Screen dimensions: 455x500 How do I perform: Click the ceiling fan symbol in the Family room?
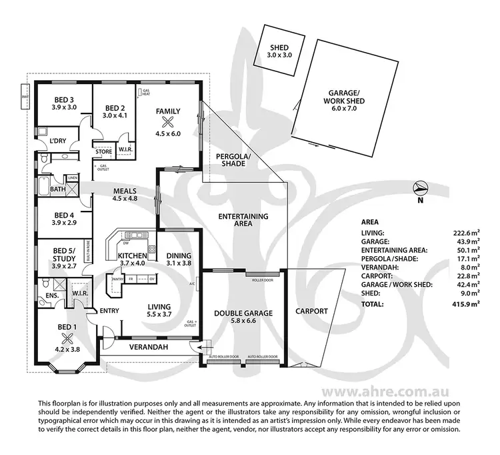pos(168,121)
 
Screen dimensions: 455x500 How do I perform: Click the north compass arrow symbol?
pos(419,189)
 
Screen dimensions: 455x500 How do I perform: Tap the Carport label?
pos(311,311)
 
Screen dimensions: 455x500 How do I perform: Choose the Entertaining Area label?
pos(243,220)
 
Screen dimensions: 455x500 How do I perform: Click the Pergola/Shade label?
pos(231,161)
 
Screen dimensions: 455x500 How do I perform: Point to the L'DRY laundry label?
pos(61,141)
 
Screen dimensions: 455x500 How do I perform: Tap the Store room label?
pos(102,151)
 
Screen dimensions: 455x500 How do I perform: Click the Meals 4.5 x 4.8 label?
pos(125,193)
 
